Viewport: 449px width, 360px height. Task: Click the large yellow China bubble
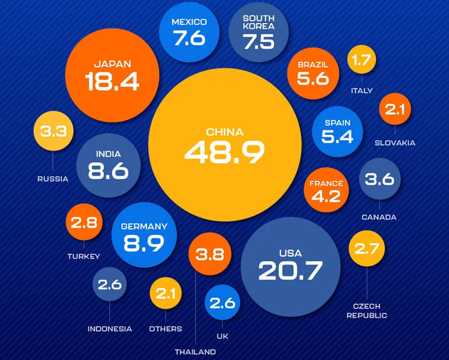tap(224, 144)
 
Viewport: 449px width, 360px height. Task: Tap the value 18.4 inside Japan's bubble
tap(112, 81)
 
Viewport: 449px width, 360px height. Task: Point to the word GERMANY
tap(144, 227)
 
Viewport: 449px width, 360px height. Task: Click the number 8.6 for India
tap(108, 171)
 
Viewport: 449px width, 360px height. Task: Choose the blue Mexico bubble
tap(189, 32)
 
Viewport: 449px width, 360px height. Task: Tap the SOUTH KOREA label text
tap(258, 22)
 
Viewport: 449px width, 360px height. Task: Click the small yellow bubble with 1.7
tap(362, 61)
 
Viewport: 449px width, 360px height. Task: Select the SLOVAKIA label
tap(395, 143)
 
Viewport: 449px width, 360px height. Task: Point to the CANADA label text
tap(379, 218)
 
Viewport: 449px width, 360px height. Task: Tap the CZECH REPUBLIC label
tap(367, 311)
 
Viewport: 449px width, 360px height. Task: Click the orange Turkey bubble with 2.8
tap(84, 223)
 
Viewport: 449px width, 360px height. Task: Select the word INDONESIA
tap(110, 329)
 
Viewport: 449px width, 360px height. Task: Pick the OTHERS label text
tap(165, 329)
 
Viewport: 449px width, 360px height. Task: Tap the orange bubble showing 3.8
tap(210, 254)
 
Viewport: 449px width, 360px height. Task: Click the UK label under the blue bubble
tap(223, 336)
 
